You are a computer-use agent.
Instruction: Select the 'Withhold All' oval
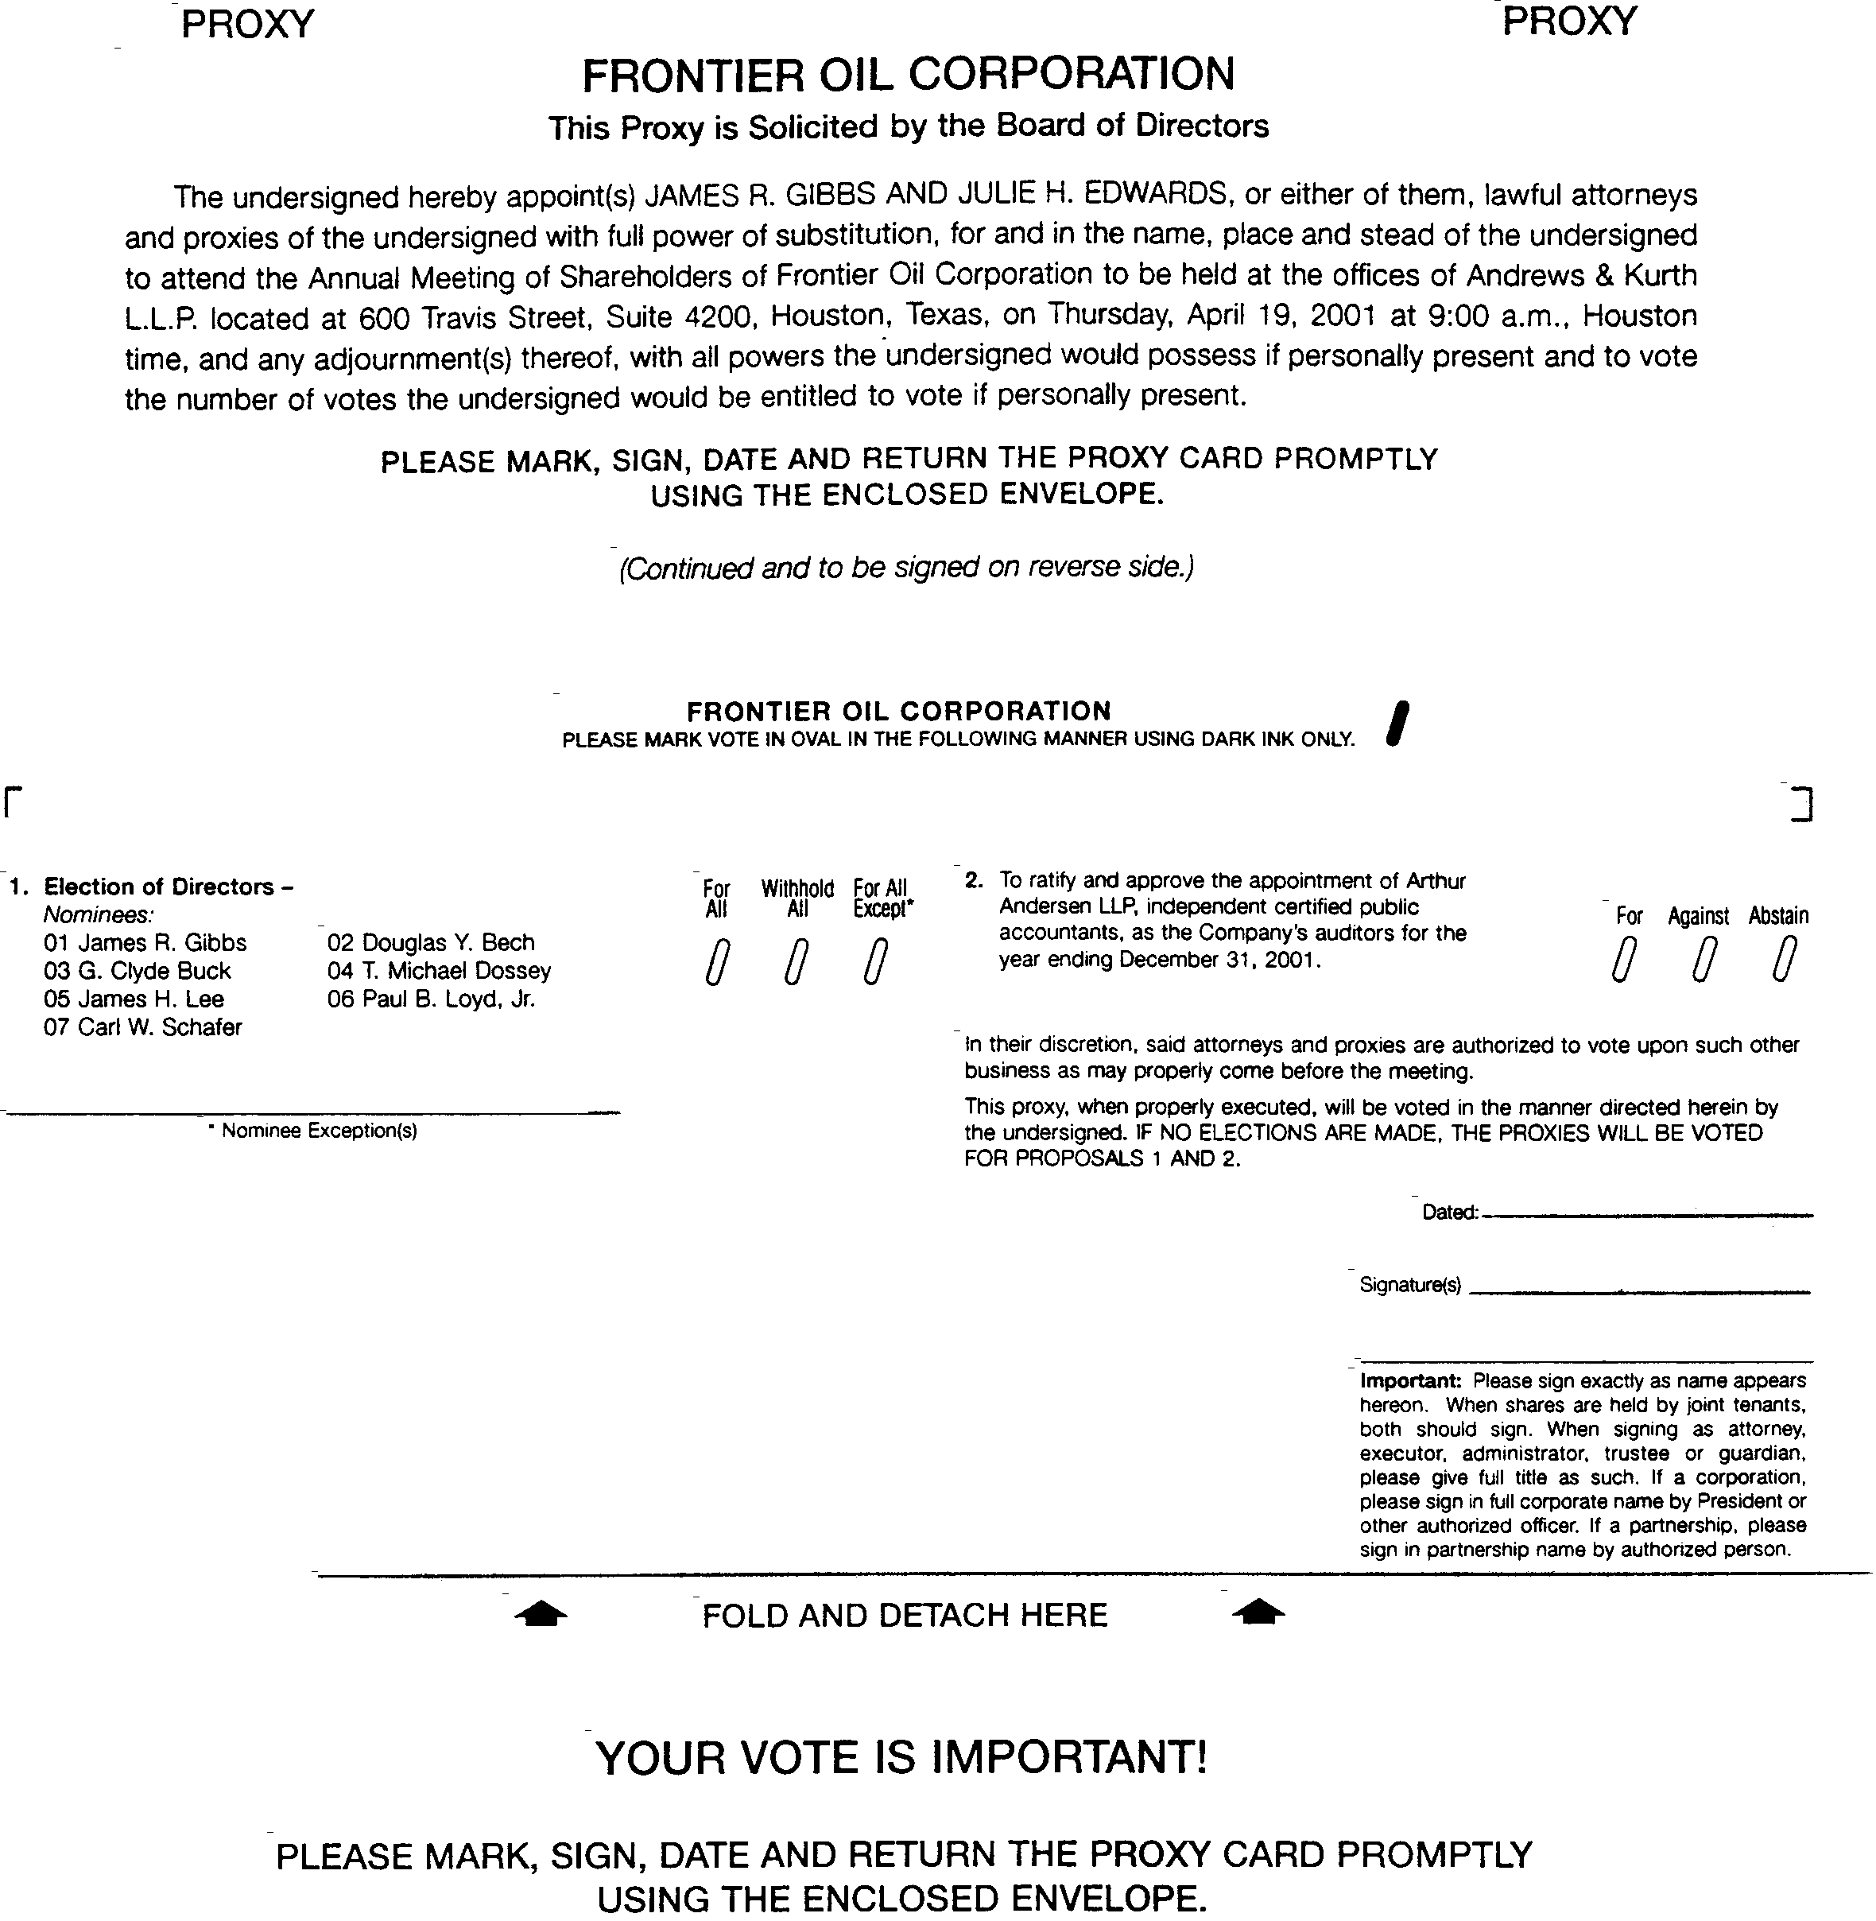click(x=797, y=962)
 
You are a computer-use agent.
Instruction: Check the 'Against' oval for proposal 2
click(x=1704, y=960)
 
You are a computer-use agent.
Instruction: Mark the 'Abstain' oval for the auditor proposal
click(x=1782, y=960)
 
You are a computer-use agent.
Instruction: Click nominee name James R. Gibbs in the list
click(x=145, y=943)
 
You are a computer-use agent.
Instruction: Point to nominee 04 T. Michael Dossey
click(x=439, y=971)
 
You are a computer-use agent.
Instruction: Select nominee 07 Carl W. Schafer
click(x=143, y=1027)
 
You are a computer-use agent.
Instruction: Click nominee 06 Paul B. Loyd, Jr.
click(x=431, y=999)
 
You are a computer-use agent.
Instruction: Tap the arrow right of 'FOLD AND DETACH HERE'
click(x=1258, y=1613)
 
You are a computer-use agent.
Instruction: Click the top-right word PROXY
click(x=1568, y=21)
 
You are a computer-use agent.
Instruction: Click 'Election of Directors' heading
click(x=160, y=887)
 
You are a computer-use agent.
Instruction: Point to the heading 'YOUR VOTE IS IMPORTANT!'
click(x=901, y=1757)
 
